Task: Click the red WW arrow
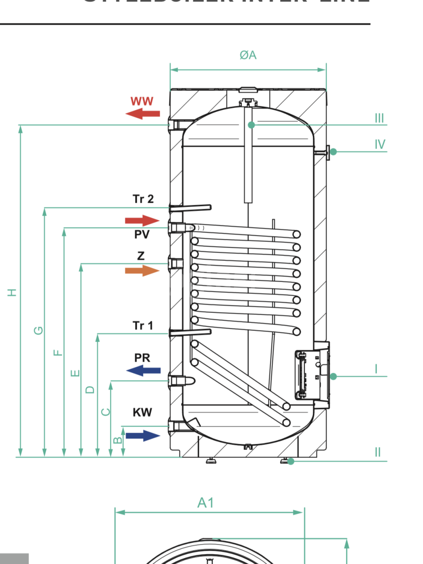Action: [143, 114]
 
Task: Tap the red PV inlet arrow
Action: [142, 221]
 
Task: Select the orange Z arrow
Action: [142, 271]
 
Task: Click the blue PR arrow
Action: [143, 371]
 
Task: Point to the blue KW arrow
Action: [143, 436]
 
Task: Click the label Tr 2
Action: [143, 199]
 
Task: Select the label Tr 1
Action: [143, 326]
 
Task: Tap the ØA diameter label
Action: [248, 55]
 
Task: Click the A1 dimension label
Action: [206, 503]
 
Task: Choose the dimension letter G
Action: [39, 330]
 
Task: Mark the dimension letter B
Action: [117, 440]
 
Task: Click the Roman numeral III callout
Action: [379, 118]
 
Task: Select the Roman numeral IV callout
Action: [379, 145]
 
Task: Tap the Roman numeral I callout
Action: [376, 369]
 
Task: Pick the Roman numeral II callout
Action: [378, 453]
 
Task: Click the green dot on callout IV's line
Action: [334, 152]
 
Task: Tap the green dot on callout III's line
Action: [251, 125]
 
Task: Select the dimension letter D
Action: [90, 390]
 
